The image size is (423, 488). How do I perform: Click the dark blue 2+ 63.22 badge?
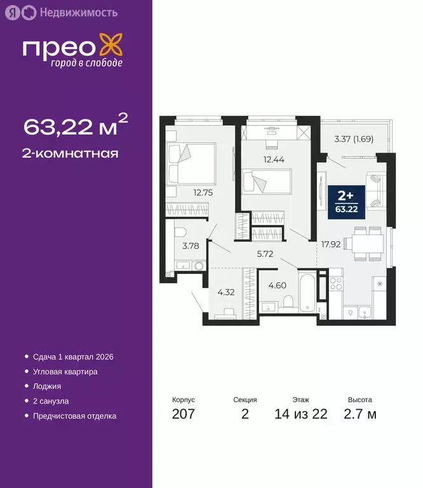coord(346,201)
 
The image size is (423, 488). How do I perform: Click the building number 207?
coord(184,415)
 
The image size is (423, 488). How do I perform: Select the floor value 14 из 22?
coord(301,415)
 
